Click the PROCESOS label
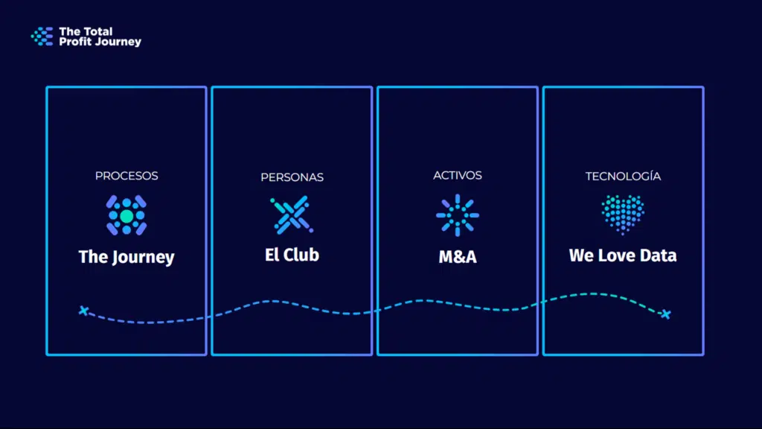pos(127,176)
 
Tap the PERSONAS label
pos(292,177)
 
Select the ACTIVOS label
pos(458,176)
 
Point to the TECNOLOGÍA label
pos(623,177)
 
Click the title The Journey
pos(127,258)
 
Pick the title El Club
pos(292,255)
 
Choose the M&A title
pos(458,258)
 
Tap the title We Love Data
pos(623,255)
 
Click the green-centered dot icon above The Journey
pos(127,215)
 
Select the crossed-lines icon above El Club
pos(292,215)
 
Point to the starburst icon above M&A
pos(458,215)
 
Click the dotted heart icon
pos(623,214)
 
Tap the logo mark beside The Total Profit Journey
pos(42,36)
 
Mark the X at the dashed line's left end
pos(83,311)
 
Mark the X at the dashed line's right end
pos(665,314)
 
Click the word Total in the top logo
pos(96,32)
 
